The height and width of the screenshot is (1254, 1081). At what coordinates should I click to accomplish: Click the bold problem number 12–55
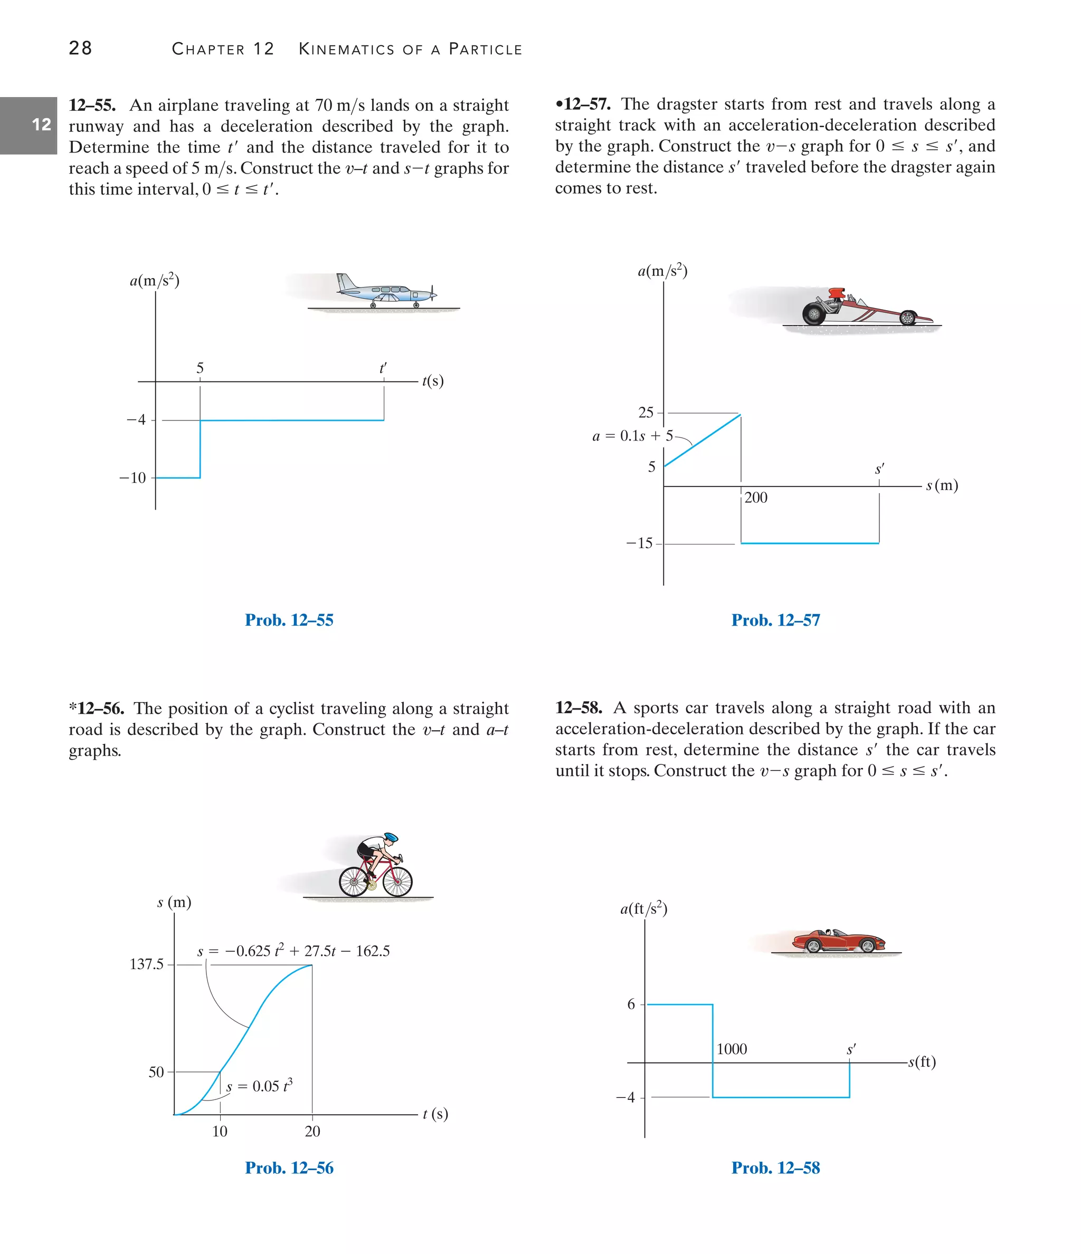click(92, 106)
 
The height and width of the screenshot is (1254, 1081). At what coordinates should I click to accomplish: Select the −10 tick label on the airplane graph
click(133, 478)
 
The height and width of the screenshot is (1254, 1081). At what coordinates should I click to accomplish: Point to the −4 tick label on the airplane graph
click(136, 420)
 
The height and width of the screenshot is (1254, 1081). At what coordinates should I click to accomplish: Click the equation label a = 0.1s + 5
click(632, 436)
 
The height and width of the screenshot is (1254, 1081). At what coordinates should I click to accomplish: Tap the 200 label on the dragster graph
click(756, 498)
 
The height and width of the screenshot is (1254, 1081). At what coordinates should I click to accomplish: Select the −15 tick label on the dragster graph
click(640, 543)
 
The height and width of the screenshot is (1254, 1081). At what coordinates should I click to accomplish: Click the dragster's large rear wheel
click(813, 313)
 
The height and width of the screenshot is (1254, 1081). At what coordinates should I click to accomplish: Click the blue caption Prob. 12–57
click(775, 620)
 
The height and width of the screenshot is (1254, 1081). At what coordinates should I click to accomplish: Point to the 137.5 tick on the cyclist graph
click(147, 964)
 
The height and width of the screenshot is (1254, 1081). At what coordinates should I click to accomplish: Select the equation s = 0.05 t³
click(259, 1086)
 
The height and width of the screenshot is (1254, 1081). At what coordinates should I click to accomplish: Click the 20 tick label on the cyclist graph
click(312, 1131)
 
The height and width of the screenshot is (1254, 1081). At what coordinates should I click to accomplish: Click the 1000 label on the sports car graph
click(732, 1049)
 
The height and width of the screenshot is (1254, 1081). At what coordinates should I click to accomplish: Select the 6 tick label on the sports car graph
click(631, 1004)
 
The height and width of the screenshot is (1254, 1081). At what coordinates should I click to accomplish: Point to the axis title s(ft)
click(922, 1061)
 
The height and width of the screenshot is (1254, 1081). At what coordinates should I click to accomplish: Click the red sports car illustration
click(838, 942)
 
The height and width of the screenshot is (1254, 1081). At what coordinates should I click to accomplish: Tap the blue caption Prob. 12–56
click(289, 1168)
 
